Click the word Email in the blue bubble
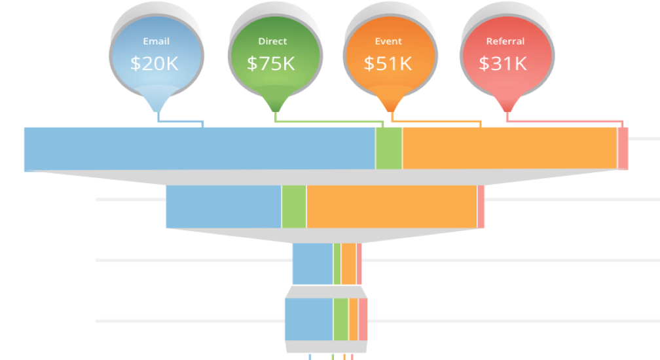click(156, 41)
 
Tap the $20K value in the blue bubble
click(154, 63)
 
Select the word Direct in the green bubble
click(272, 41)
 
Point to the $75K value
click(270, 63)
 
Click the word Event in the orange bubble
click(388, 41)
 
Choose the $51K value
click(388, 63)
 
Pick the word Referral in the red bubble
click(505, 41)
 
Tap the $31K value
click(503, 63)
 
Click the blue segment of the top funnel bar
click(200, 149)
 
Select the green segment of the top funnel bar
click(389, 149)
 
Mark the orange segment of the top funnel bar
click(509, 149)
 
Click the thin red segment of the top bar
click(623, 149)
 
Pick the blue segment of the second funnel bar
click(223, 207)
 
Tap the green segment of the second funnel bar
click(294, 207)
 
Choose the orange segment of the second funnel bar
click(392, 207)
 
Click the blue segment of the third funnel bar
click(312, 264)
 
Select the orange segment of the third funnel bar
click(348, 264)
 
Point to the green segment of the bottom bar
click(340, 319)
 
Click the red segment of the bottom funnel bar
click(363, 319)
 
